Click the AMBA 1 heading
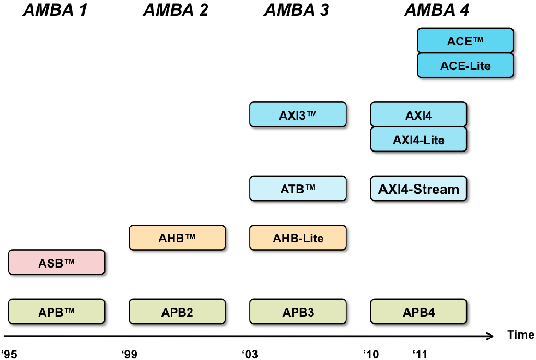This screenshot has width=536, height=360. pyautogui.click(x=55, y=10)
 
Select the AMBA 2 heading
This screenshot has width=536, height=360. pyautogui.click(x=176, y=10)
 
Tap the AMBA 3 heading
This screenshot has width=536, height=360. pyautogui.click(x=297, y=10)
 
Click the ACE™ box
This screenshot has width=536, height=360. pyautogui.click(x=465, y=41)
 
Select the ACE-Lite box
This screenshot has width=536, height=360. pyautogui.click(x=465, y=66)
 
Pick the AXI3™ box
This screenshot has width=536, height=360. pyautogui.click(x=298, y=114)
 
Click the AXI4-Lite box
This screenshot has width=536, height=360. pyautogui.click(x=418, y=140)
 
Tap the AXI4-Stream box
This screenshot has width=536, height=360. pyautogui.click(x=418, y=189)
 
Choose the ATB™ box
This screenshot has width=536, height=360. pyautogui.click(x=298, y=189)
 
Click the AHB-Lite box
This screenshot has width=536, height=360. pyautogui.click(x=298, y=238)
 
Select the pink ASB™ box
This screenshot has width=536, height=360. pyautogui.click(x=56, y=262)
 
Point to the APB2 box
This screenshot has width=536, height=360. pyautogui.click(x=177, y=312)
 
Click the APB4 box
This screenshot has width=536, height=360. pyautogui.click(x=418, y=312)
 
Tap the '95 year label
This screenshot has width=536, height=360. pyautogui.click(x=9, y=354)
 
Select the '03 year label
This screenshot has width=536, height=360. pyautogui.click(x=250, y=354)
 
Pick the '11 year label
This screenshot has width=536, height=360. pyautogui.click(x=420, y=354)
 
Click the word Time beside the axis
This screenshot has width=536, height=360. pyautogui.click(x=520, y=335)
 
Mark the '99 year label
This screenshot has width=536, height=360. pyautogui.click(x=130, y=354)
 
